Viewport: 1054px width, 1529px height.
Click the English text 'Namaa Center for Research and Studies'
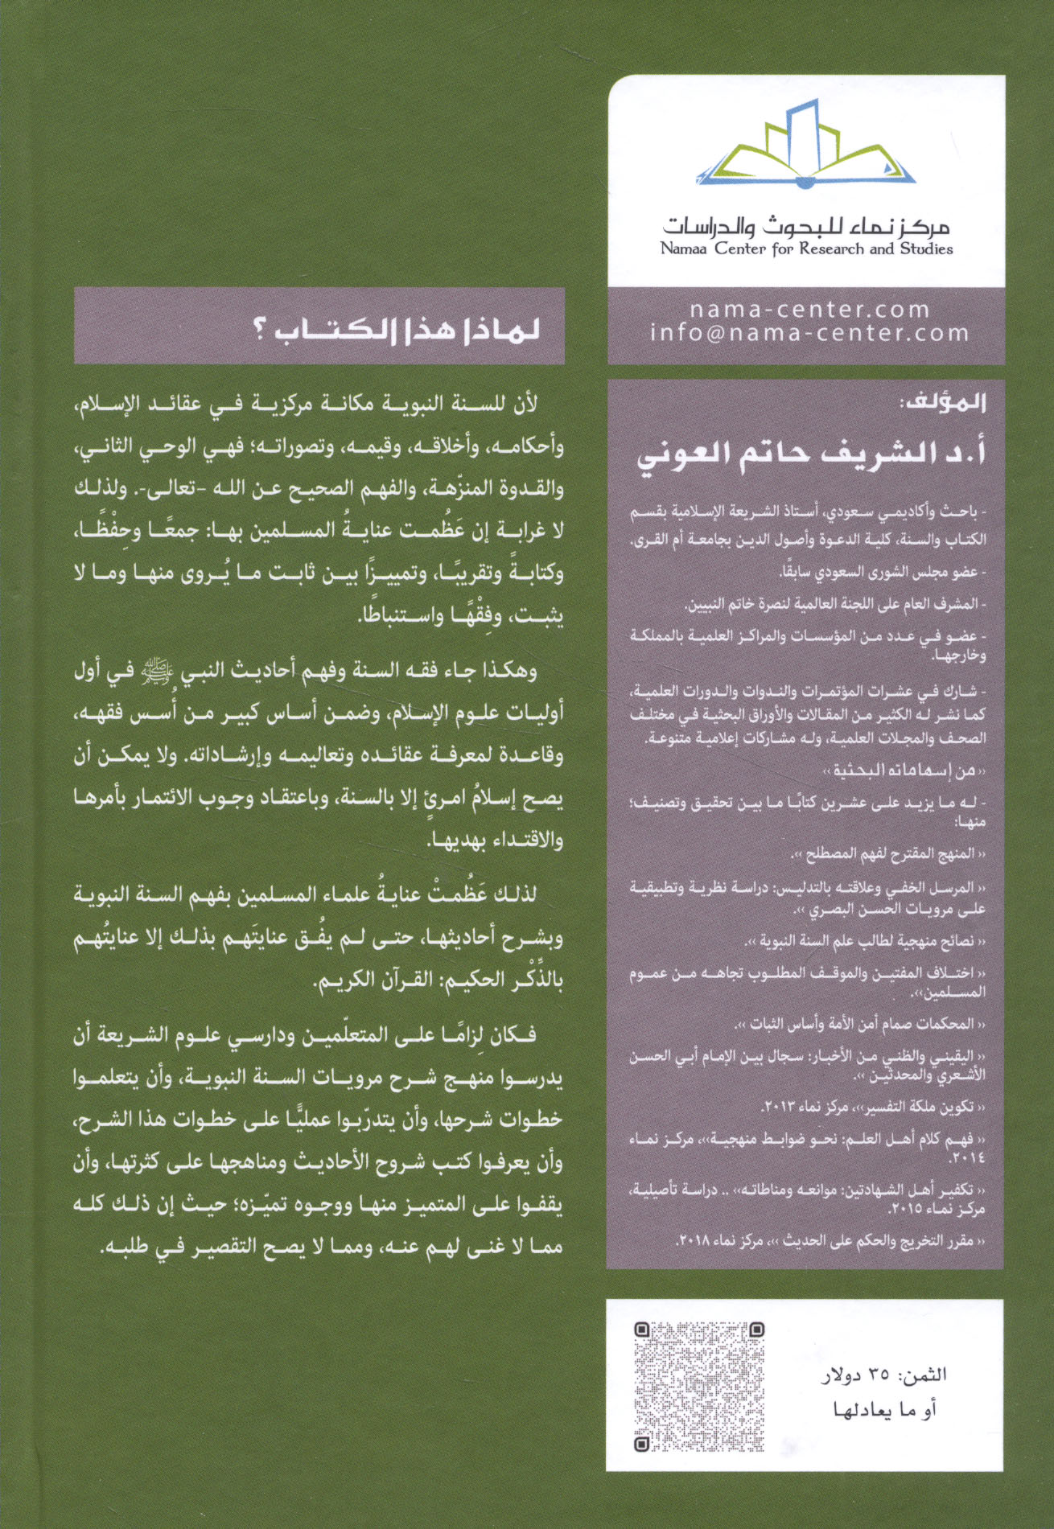(806, 249)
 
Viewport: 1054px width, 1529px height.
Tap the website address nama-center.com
(809, 310)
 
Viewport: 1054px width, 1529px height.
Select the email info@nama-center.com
(809, 333)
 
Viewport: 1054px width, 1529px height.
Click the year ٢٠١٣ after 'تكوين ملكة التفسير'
(777, 1108)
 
